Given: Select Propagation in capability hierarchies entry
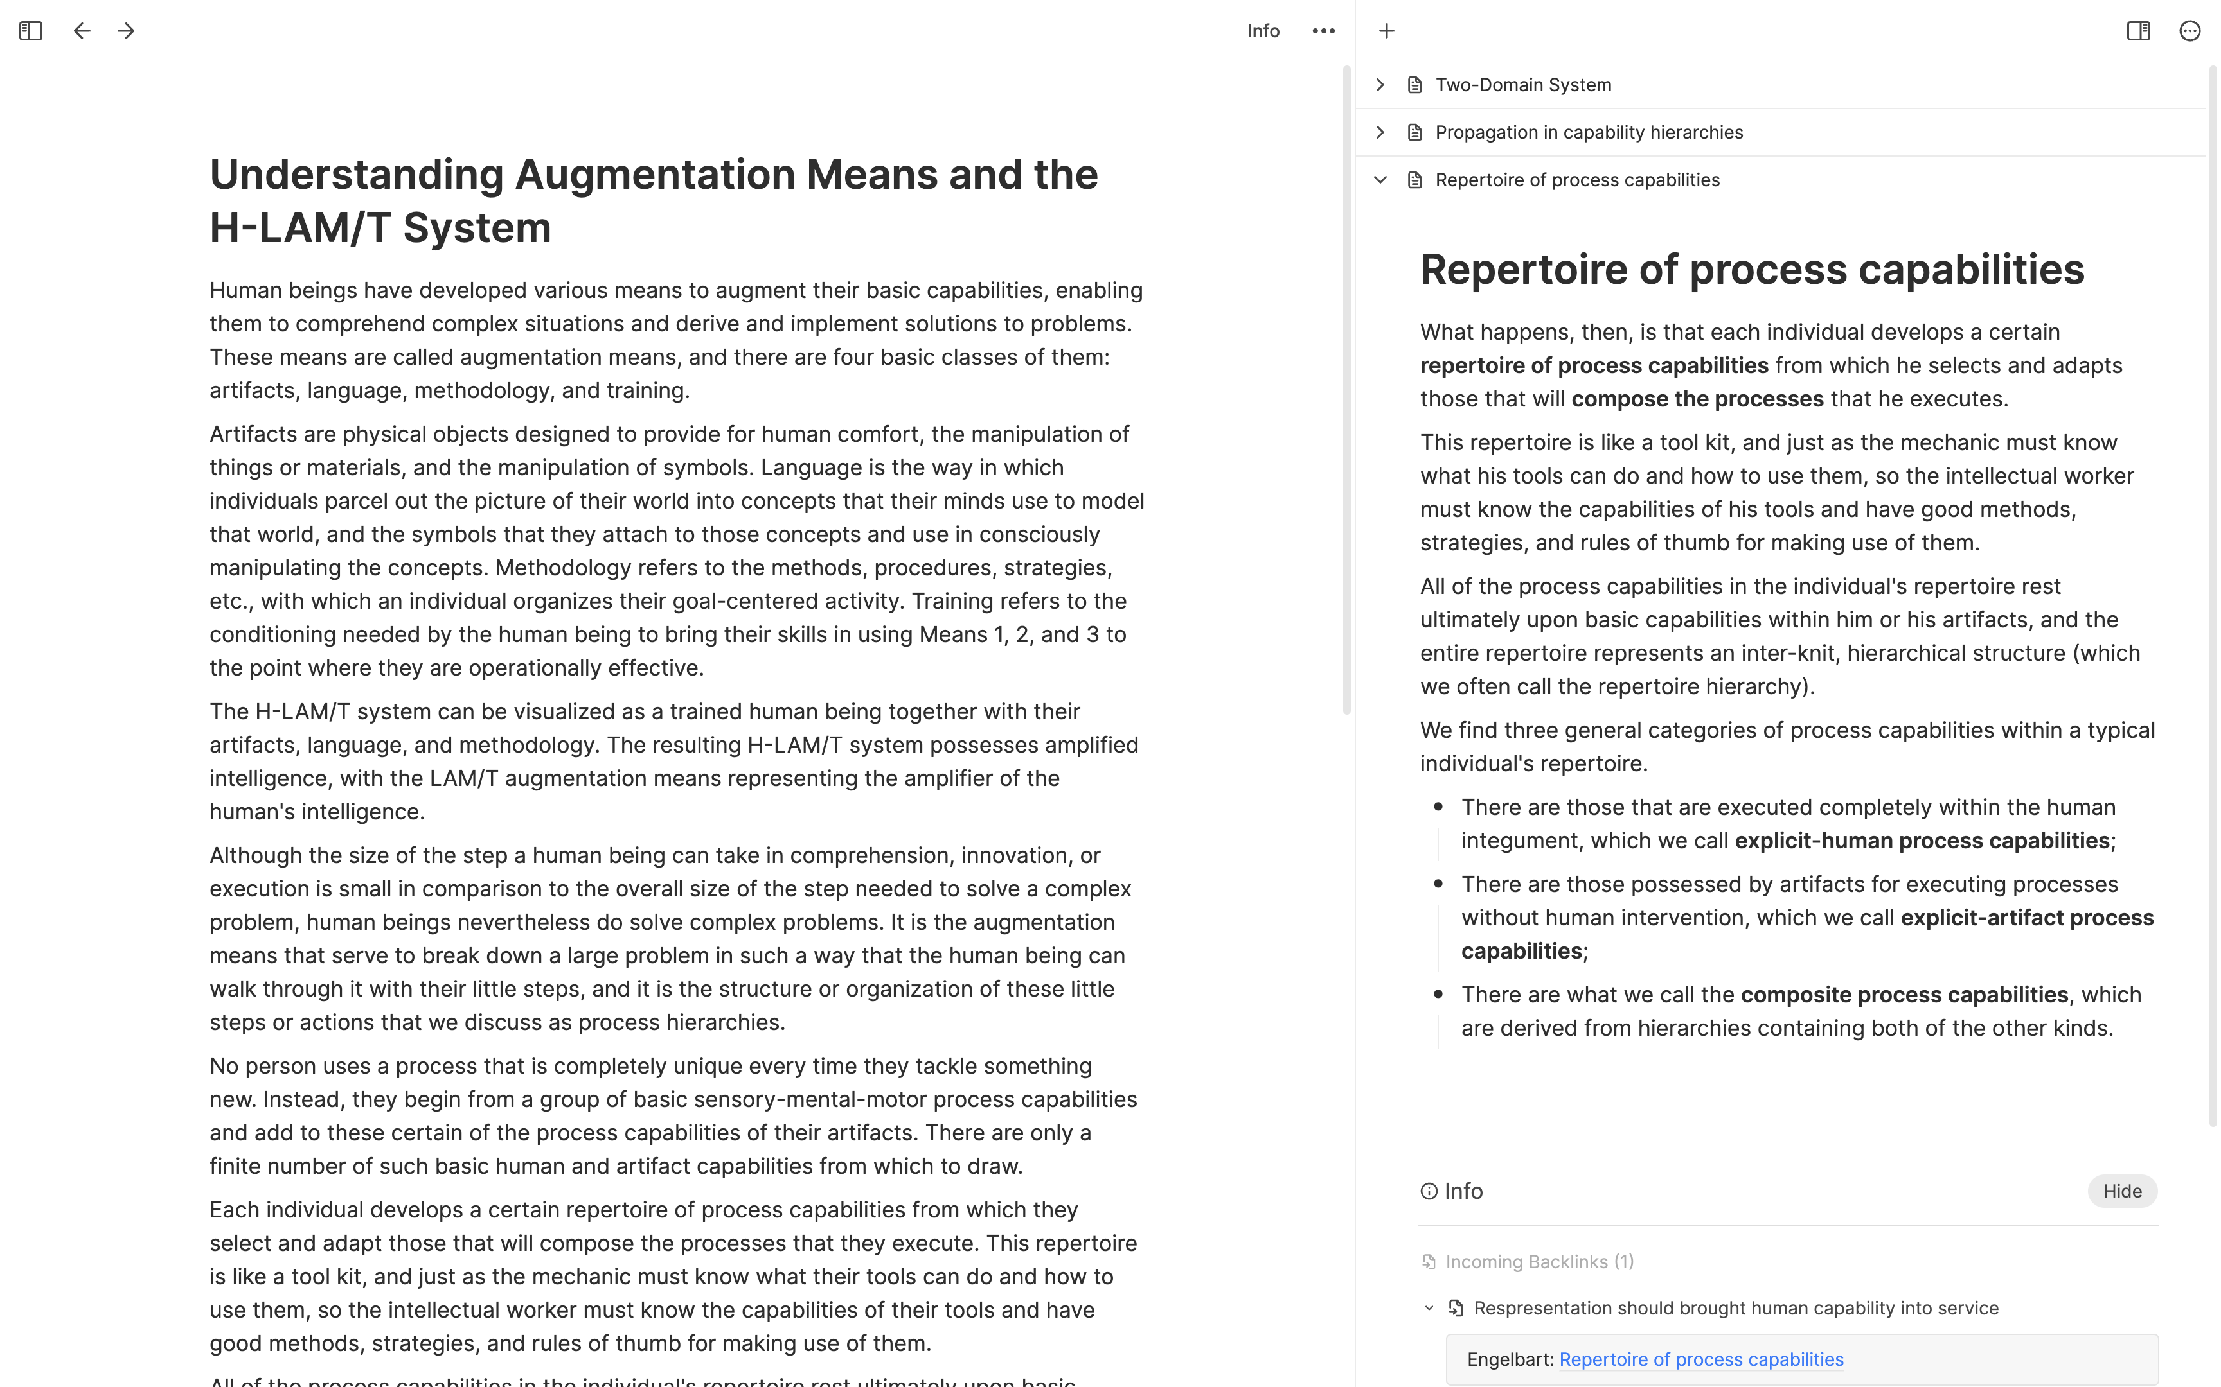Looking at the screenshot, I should point(1588,133).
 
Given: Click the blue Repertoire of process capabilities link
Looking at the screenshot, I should point(1700,1359).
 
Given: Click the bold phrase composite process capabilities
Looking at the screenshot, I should point(1904,995).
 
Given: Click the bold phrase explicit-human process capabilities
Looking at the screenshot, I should point(1922,841).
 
